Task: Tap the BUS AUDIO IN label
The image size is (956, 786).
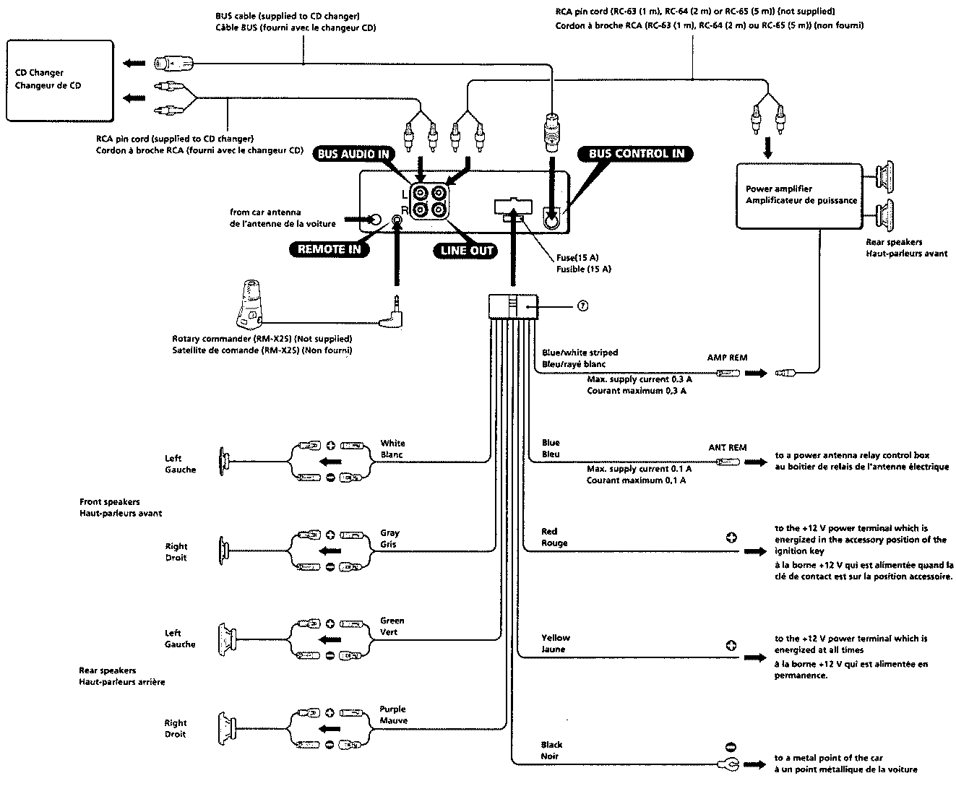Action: coord(353,154)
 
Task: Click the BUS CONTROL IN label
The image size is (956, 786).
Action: coord(636,154)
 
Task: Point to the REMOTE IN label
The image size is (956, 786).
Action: coord(329,249)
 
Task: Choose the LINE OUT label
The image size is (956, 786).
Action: coord(466,251)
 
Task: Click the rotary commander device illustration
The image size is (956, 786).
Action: coord(250,304)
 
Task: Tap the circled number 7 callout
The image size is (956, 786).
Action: coord(582,306)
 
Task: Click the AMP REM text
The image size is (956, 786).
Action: coord(727,357)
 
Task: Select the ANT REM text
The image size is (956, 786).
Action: coord(728,447)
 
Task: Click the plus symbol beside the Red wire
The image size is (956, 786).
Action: coord(731,537)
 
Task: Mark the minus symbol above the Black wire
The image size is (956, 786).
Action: coord(731,747)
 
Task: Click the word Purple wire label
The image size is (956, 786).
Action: coord(392,709)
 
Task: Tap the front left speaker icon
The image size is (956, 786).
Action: coord(224,462)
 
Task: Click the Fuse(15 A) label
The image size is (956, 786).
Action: coord(577,257)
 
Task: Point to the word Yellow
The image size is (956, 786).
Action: coord(555,637)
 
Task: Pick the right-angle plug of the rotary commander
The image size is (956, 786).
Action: coord(392,312)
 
